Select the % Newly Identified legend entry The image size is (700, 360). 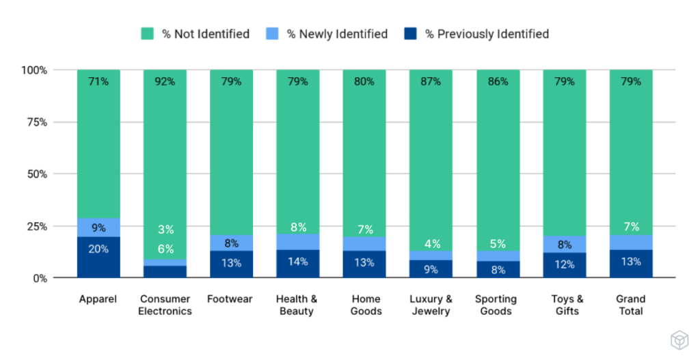click(x=327, y=33)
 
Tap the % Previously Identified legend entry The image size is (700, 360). click(x=476, y=33)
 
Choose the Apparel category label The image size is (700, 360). click(x=98, y=299)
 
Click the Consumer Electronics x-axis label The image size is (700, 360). click(x=165, y=305)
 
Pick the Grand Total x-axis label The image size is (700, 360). click(x=630, y=305)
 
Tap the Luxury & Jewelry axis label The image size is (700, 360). click(x=431, y=305)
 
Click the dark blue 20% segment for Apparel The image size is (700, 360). click(x=98, y=257)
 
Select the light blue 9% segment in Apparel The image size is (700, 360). click(x=98, y=227)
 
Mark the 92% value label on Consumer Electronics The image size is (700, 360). click(x=165, y=81)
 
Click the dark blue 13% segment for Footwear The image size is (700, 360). click(x=231, y=264)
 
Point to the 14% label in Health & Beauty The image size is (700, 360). click(x=297, y=262)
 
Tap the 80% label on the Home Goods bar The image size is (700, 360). click(x=364, y=81)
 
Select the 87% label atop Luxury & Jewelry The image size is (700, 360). click(x=431, y=81)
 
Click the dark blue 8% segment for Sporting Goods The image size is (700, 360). click(x=497, y=269)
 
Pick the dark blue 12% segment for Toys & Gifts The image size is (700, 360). click(x=564, y=265)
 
